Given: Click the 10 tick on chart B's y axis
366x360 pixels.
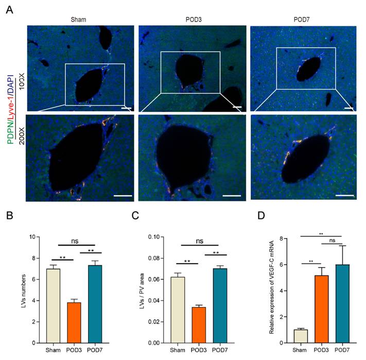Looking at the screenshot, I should [x=33, y=237].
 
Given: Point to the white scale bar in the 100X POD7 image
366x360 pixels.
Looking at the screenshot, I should [x=348, y=108].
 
